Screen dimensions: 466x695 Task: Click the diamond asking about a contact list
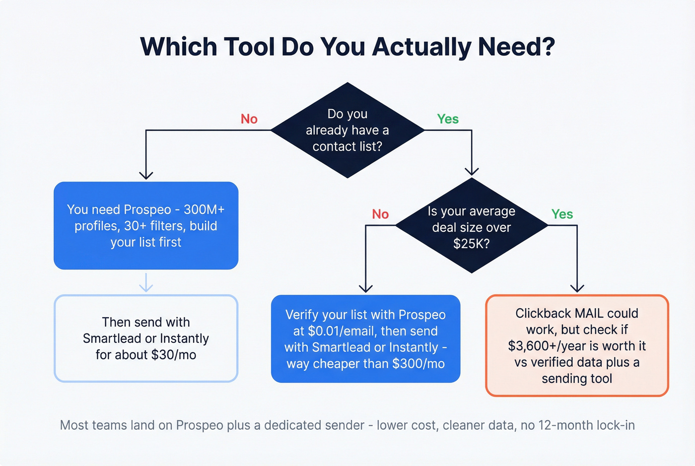[347, 130]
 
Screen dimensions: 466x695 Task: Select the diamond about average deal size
[472, 226]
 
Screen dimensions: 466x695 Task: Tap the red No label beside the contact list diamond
[249, 119]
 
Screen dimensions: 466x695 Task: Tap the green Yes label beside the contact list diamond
[447, 119]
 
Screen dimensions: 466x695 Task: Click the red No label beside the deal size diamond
[380, 214]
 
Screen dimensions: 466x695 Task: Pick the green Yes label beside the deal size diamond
[562, 214]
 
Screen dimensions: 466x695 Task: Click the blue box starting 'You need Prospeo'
[146, 226]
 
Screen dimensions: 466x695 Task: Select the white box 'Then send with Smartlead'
[146, 338]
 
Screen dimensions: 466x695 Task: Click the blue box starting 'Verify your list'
[365, 339]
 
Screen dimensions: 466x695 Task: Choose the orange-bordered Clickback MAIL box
[577, 346]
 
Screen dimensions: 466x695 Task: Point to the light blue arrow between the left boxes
[146, 282]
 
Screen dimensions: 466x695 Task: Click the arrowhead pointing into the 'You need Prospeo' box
[146, 175]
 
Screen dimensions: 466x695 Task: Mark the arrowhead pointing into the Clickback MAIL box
[577, 288]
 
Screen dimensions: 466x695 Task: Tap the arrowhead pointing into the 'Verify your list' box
[365, 288]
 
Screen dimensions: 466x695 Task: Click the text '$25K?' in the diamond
[471, 244]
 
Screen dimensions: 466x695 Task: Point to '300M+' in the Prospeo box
[204, 209]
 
